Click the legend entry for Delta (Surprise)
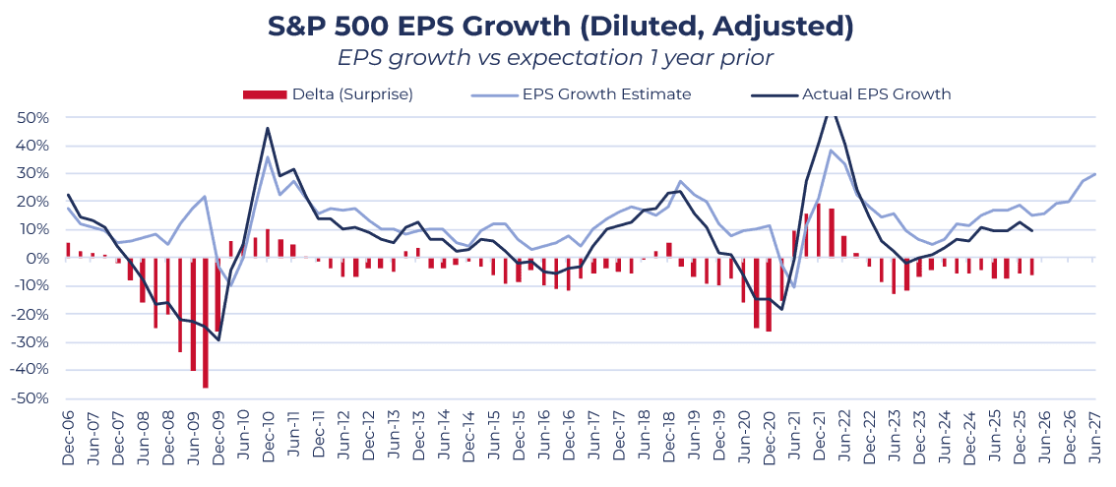coord(328,94)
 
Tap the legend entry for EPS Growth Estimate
coord(581,94)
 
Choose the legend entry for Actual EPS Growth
coord(851,94)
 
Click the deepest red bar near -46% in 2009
coord(205,323)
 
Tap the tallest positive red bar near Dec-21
coord(819,230)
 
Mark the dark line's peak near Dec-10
coord(268,128)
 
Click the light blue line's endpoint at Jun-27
coord(1095,174)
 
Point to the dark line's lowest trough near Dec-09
coord(217,339)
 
